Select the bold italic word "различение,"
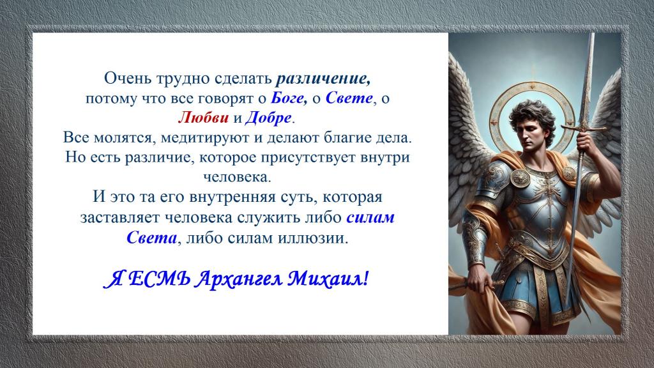323,79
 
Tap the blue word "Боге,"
289,98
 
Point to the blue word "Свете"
349,98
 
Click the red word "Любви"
204,118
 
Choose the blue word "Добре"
268,118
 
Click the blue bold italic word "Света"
151,238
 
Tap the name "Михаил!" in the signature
328,279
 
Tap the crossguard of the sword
584,128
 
